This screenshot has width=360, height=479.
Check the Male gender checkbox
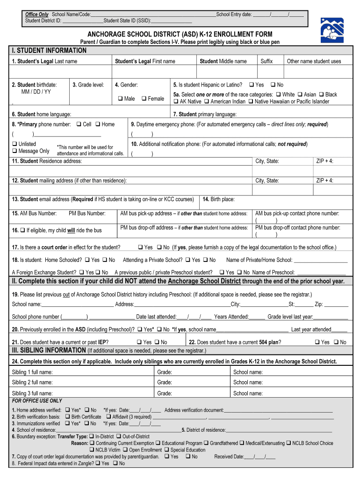120,99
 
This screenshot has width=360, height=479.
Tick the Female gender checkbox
144,99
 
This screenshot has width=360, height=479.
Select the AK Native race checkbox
176,102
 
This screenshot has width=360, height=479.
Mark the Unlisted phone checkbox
14,144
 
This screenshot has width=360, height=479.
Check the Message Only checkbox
14,151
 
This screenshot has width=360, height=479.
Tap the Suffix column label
266,61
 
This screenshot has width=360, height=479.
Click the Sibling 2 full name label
32,382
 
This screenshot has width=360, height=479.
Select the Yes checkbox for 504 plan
317,342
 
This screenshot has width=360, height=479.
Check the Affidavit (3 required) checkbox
108,416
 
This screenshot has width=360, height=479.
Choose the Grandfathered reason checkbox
206,443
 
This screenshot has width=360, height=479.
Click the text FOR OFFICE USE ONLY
37,401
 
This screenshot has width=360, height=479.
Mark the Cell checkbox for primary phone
79,124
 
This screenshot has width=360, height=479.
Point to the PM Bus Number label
87,213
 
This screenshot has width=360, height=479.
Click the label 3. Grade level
88,85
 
